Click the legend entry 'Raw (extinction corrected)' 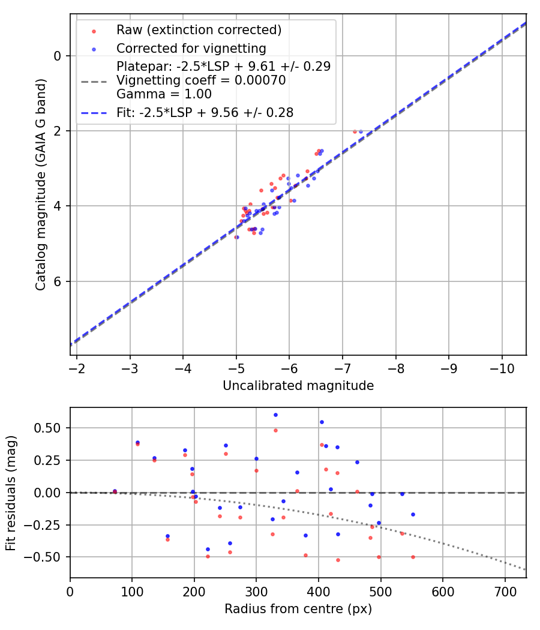pyautogui.click(x=199, y=29)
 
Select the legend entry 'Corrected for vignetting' pyautogui.click(x=191, y=47)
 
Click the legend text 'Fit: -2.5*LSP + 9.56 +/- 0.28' pyautogui.click(x=205, y=112)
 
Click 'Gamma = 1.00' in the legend pyautogui.click(x=164, y=94)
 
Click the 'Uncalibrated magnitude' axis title pyautogui.click(x=298, y=386)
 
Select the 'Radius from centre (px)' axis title pyautogui.click(x=298, y=609)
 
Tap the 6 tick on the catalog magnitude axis pyautogui.click(x=58, y=281)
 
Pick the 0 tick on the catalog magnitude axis pyautogui.click(x=58, y=56)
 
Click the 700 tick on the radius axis pyautogui.click(x=505, y=590)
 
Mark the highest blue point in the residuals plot pyautogui.click(x=275, y=415)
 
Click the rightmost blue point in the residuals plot pyautogui.click(x=413, y=514)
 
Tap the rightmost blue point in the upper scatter pyautogui.click(x=361, y=131)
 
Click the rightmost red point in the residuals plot pyautogui.click(x=413, y=557)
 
